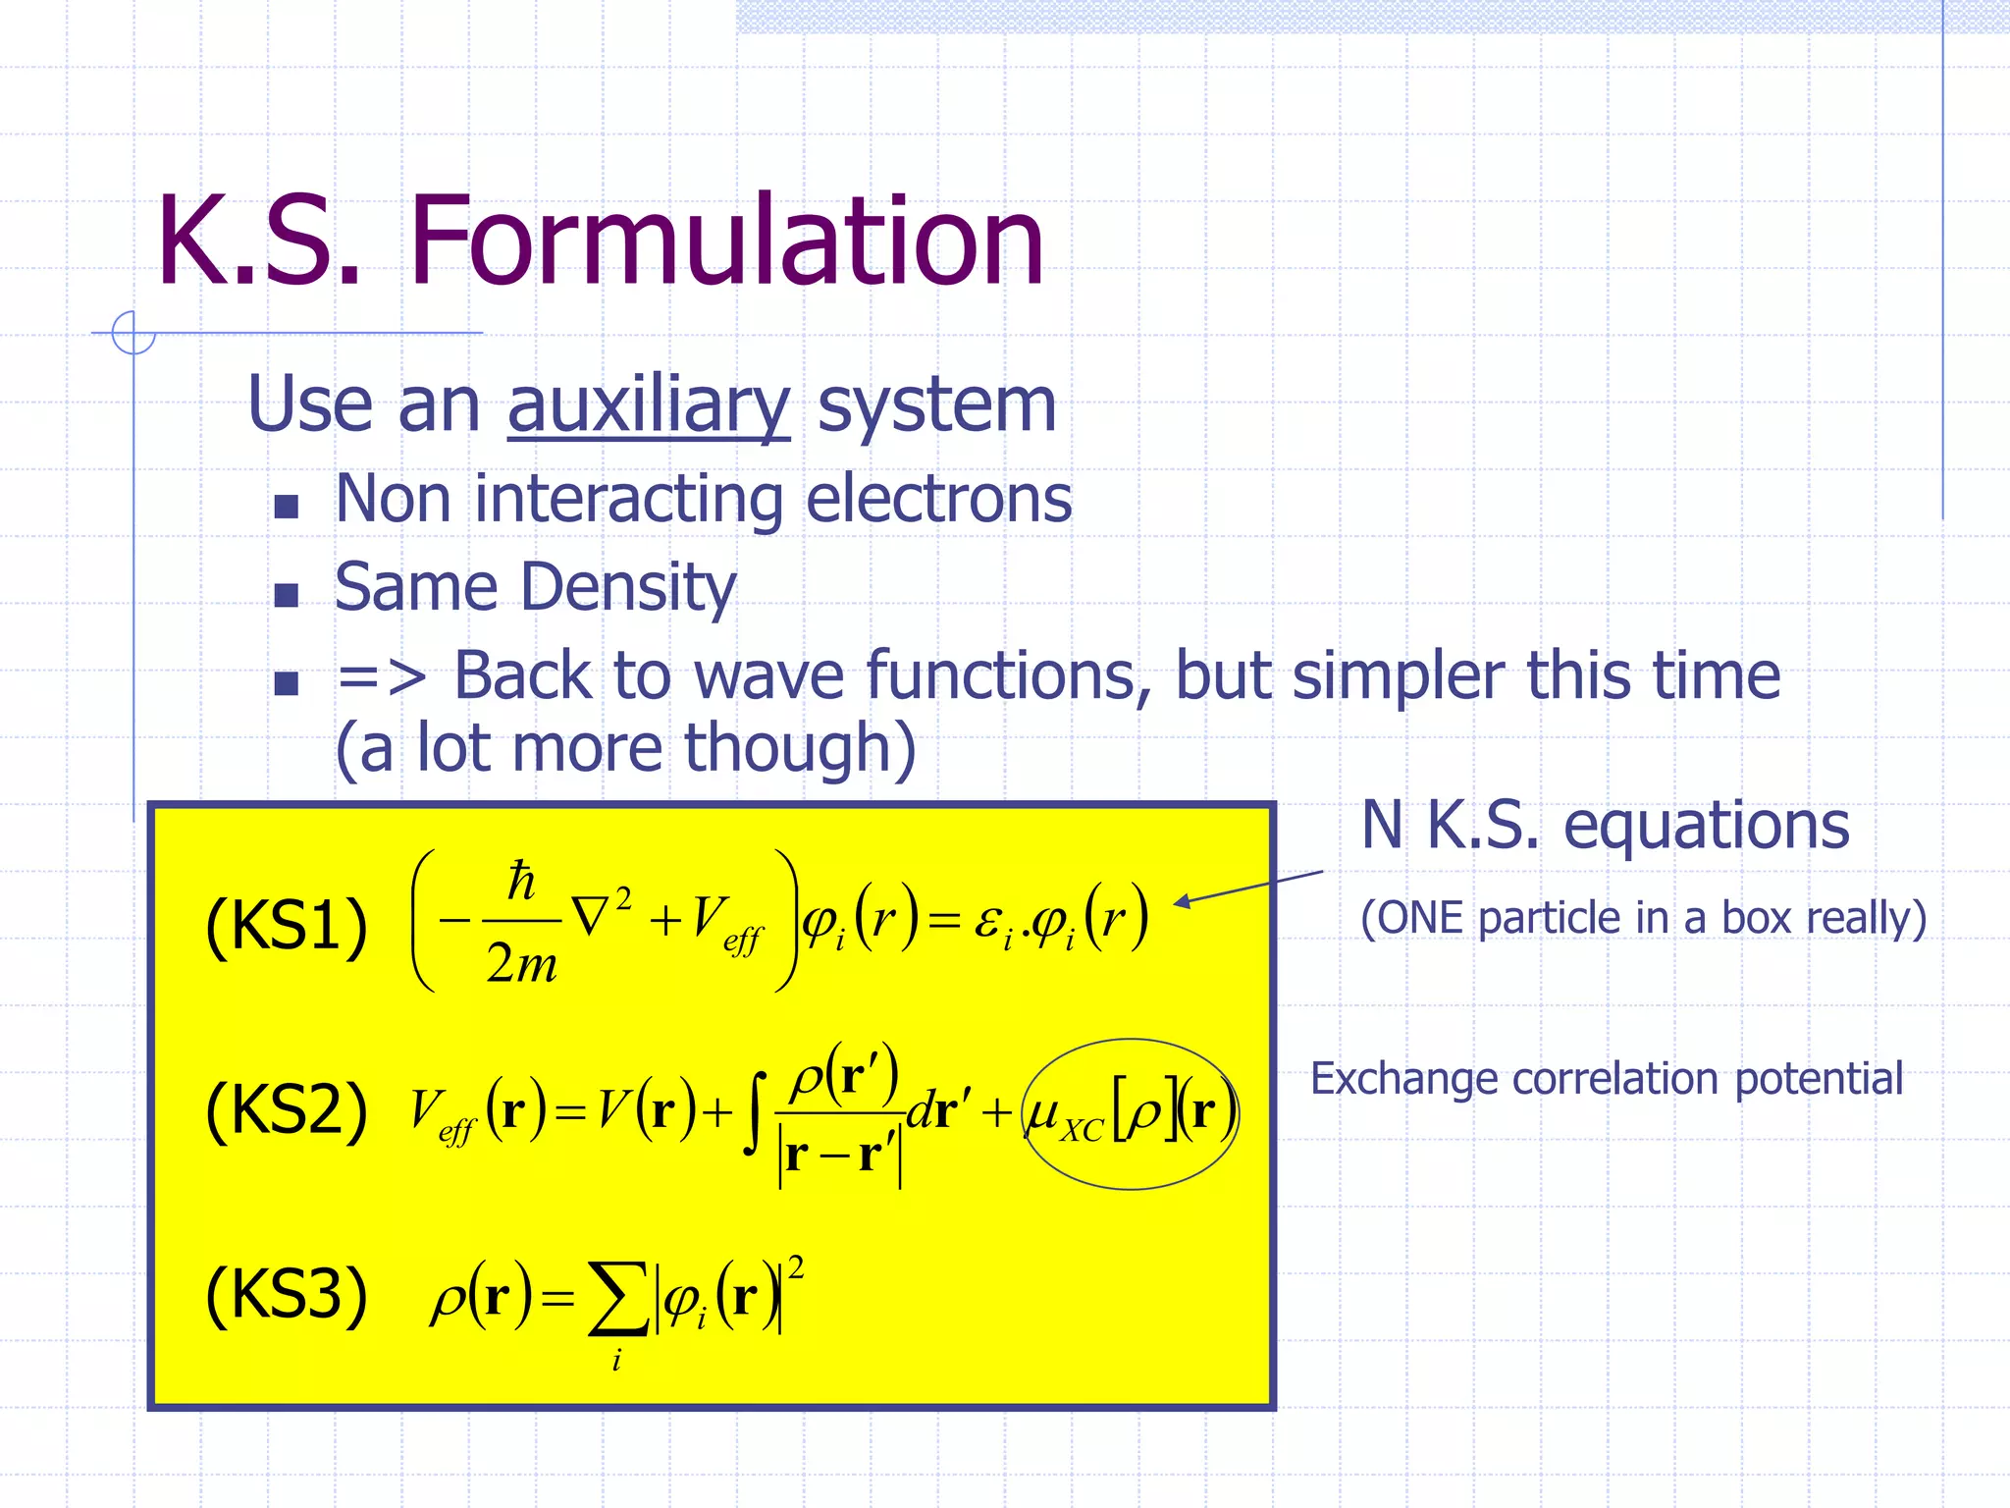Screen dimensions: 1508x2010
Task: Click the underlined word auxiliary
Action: point(648,405)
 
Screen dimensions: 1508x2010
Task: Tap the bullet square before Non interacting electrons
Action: point(286,507)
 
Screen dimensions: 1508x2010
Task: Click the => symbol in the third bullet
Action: point(381,676)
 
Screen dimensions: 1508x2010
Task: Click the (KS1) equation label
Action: point(286,926)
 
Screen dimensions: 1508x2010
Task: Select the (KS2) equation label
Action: point(286,1110)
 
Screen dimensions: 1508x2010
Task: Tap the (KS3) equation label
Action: point(286,1295)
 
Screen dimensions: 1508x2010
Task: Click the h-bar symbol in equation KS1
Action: point(521,881)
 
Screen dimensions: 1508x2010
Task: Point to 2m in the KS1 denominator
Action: point(521,963)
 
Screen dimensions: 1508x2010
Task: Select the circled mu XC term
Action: point(1130,1114)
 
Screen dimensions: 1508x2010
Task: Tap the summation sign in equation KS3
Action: point(617,1299)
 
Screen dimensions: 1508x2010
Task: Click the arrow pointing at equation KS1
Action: point(1246,888)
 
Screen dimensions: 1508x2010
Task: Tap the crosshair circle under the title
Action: point(133,333)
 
